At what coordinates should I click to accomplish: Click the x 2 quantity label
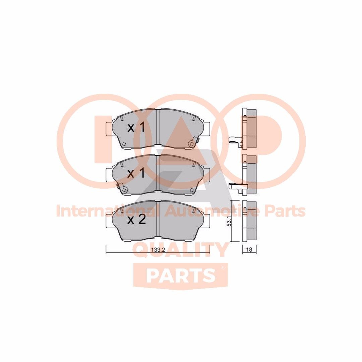point(136,220)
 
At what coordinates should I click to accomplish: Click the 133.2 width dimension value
point(157,250)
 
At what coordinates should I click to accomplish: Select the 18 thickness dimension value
point(249,249)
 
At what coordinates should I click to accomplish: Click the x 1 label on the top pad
point(136,127)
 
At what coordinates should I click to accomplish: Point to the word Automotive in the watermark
point(210,211)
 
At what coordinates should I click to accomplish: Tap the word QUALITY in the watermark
point(181,250)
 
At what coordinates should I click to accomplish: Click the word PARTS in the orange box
point(181,276)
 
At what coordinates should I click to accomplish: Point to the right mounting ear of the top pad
point(206,128)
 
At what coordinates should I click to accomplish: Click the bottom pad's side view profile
point(249,221)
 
